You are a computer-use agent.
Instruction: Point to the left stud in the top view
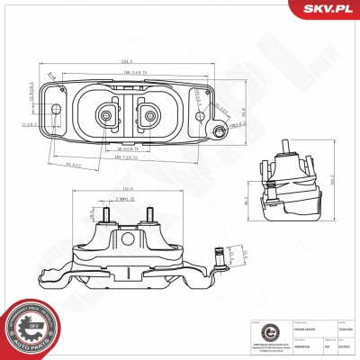[x=106, y=114]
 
